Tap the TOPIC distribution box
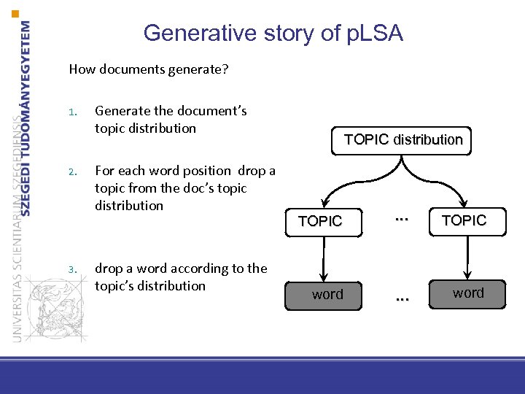point(403,139)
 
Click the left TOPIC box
point(320,221)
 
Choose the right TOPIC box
point(464,220)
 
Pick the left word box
point(327,295)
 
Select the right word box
point(467,293)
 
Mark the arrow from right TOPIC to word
point(464,256)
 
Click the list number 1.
point(72,112)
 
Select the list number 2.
point(72,172)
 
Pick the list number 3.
point(72,269)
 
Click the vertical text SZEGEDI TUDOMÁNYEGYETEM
point(27,117)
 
